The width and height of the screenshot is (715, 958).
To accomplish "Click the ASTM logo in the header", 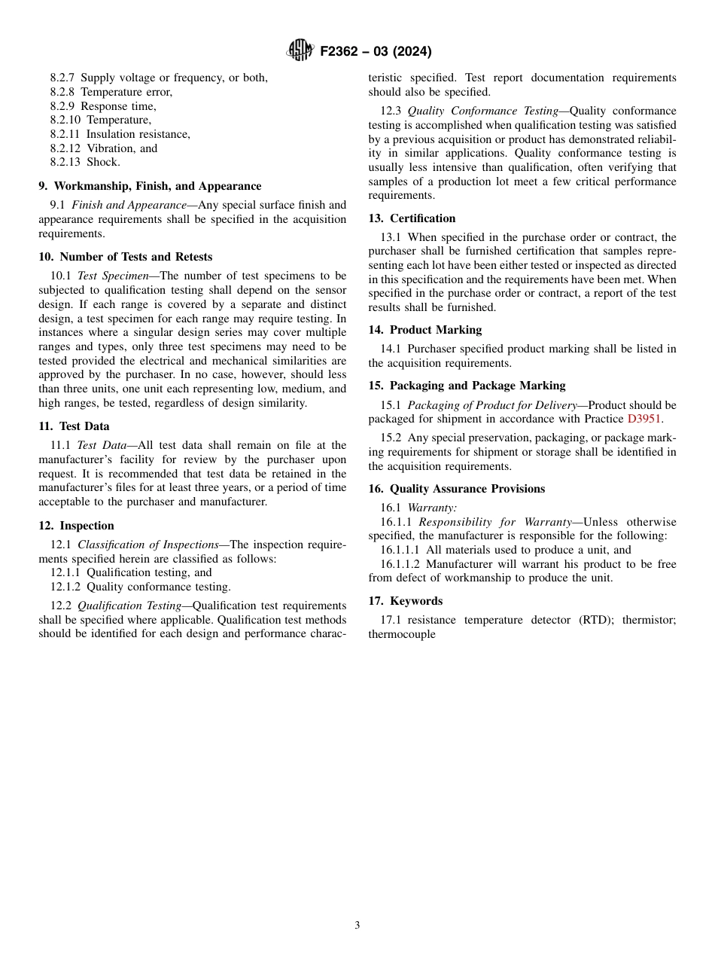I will (300, 51).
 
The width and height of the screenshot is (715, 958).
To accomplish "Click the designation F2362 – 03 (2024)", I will (376, 52).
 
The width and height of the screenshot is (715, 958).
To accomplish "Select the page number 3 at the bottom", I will (357, 926).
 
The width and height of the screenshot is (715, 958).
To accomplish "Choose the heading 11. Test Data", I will (74, 426).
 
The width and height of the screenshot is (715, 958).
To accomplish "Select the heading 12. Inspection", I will (76, 526).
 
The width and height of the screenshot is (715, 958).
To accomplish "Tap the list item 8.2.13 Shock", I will (85, 162).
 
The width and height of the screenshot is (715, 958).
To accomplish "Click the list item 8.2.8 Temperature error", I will (111, 92).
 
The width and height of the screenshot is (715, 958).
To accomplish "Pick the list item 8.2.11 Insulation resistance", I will (120, 134).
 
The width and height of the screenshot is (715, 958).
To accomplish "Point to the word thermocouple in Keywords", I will (402, 634).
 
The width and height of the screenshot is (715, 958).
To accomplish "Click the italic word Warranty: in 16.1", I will (432, 508).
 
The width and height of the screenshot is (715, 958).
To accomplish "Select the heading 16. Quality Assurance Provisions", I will (456, 489).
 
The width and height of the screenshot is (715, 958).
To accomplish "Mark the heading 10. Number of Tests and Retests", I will (126, 257).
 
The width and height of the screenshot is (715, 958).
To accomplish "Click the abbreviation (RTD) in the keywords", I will (598, 620).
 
